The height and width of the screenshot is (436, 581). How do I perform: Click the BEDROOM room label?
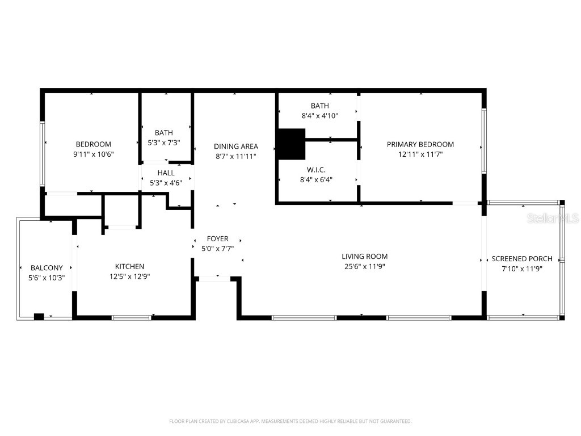93,144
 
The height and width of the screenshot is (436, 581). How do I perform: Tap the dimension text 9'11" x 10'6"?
93,154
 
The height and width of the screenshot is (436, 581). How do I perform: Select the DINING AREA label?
235,146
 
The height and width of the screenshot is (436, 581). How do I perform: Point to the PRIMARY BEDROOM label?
420,144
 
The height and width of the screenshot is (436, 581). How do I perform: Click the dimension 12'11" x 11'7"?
420,154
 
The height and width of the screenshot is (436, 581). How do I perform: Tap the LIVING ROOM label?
364,257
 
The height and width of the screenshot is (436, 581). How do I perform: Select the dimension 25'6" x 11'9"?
364,266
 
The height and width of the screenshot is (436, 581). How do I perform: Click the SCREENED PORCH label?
521,259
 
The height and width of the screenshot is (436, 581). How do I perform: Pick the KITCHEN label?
129,266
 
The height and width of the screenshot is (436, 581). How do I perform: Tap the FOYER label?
217,239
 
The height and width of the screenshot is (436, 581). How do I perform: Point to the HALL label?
166,173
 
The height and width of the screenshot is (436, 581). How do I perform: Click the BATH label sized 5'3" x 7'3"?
163,133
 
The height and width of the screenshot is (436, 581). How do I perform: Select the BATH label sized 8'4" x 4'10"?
319,106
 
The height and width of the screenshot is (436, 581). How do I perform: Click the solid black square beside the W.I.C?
291,144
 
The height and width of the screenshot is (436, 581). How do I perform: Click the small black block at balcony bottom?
39,317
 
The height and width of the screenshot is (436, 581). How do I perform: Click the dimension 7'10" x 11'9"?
521,269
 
